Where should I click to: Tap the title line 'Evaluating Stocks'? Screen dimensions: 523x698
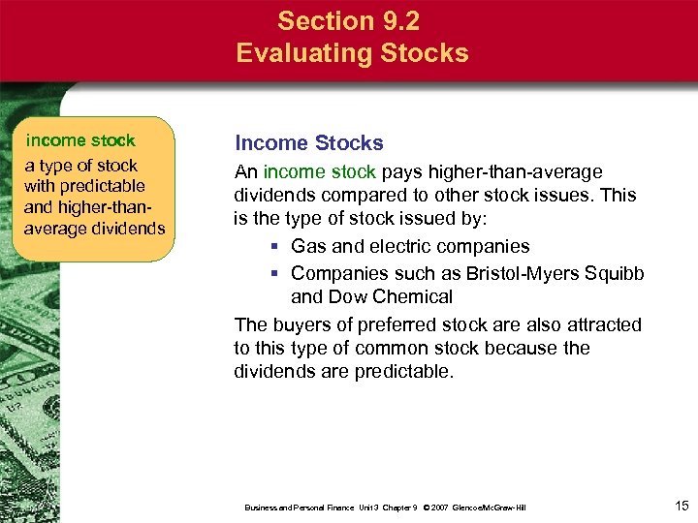coord(352,52)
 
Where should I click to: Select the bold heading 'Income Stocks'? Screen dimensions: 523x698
coord(309,143)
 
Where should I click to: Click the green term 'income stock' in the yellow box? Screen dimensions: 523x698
coord(80,141)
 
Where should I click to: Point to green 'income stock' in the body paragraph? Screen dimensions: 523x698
coord(319,172)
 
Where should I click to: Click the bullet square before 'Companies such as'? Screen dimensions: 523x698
coord(276,273)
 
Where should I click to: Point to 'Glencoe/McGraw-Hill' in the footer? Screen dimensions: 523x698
coord(491,508)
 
